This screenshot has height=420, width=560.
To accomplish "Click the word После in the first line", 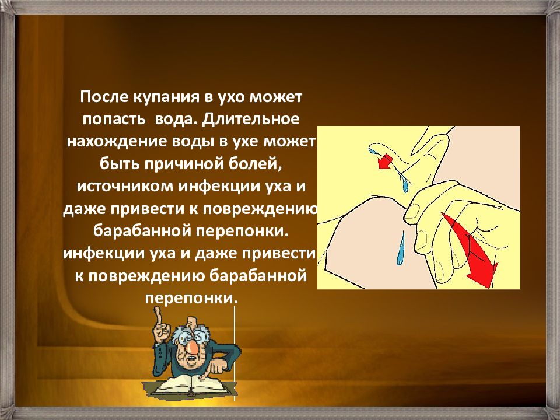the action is tap(104, 97).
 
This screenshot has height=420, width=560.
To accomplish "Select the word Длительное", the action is tap(250, 120).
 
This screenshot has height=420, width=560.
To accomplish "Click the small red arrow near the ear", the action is tap(385, 162).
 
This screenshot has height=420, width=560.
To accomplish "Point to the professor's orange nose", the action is tap(191, 346).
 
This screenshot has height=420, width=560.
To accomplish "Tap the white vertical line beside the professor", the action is tap(235, 354).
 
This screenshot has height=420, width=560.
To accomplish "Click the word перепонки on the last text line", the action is tap(191, 299).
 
